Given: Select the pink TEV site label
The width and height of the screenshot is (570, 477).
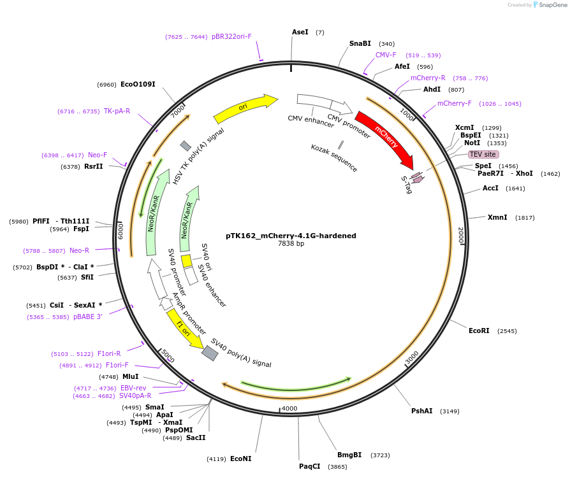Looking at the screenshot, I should click(x=483, y=154).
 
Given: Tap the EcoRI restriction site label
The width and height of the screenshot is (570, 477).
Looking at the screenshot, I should click(x=479, y=331).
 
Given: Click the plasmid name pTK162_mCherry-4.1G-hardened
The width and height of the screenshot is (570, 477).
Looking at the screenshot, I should click(x=291, y=236).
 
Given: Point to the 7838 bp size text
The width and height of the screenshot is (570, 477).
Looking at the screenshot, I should click(x=291, y=244).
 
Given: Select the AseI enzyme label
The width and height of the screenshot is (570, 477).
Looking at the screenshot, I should click(x=300, y=32).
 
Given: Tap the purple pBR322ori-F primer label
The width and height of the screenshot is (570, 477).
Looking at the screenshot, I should click(x=231, y=37).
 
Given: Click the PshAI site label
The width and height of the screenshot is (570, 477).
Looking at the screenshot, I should click(x=422, y=411).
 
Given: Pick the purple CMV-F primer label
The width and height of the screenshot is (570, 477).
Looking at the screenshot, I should click(x=386, y=55).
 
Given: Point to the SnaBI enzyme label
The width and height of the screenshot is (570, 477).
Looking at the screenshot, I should click(x=360, y=44).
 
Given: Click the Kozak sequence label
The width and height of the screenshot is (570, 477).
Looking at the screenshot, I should click(x=334, y=157).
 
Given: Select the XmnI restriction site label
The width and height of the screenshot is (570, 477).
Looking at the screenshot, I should click(x=497, y=217).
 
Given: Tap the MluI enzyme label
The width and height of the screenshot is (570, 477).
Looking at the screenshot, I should click(x=131, y=376).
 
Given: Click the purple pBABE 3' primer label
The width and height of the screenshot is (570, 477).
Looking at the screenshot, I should click(x=87, y=317).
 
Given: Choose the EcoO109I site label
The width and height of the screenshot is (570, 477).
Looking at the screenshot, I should click(x=138, y=84).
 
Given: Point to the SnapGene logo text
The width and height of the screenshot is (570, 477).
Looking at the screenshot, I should click(x=552, y=5).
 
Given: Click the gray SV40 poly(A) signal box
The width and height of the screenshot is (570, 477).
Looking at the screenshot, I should click(x=210, y=353).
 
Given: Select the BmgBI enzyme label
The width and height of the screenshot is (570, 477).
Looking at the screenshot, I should click(x=349, y=455).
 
